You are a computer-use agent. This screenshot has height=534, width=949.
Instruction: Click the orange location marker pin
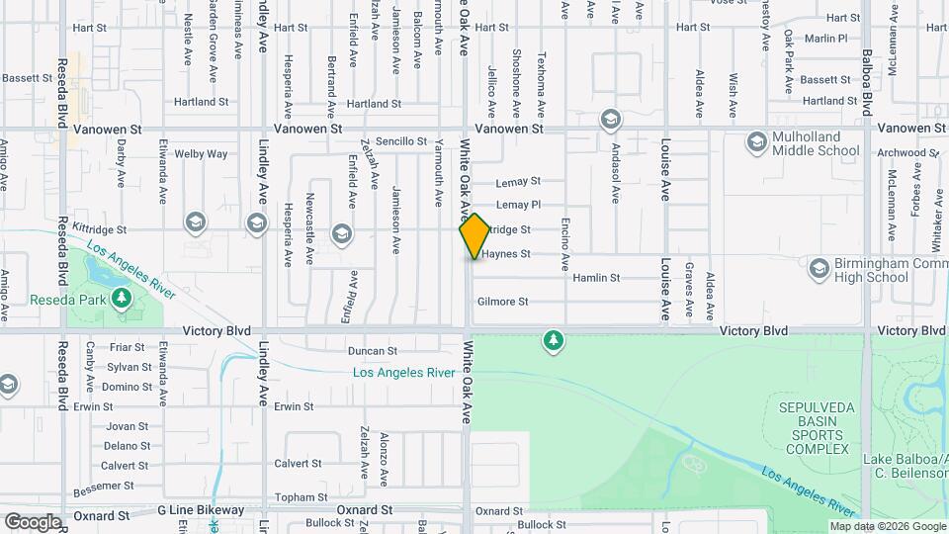tap(474, 236)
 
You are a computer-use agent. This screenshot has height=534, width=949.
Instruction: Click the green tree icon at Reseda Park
tap(122, 298)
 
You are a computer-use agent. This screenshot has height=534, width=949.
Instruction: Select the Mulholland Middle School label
tap(817, 143)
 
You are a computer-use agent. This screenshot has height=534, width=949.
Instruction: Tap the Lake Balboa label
tap(904, 458)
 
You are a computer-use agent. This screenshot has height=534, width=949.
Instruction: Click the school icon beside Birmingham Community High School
tap(819, 268)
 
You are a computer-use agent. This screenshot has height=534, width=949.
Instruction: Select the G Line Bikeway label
tap(201, 510)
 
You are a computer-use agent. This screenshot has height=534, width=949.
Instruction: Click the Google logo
tap(33, 522)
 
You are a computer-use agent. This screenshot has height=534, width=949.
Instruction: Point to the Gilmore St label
tap(502, 302)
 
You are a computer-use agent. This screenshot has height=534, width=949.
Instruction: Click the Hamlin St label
tap(596, 278)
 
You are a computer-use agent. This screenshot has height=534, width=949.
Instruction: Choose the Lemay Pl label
tap(518, 205)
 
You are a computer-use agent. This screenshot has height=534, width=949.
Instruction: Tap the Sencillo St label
tap(400, 142)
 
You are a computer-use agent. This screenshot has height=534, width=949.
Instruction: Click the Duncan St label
tap(373, 351)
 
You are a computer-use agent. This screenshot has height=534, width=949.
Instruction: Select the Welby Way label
tap(201, 154)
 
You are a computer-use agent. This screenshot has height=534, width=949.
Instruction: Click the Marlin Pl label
tap(825, 39)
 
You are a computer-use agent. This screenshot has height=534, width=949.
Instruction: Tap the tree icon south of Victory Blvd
tap(553, 342)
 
